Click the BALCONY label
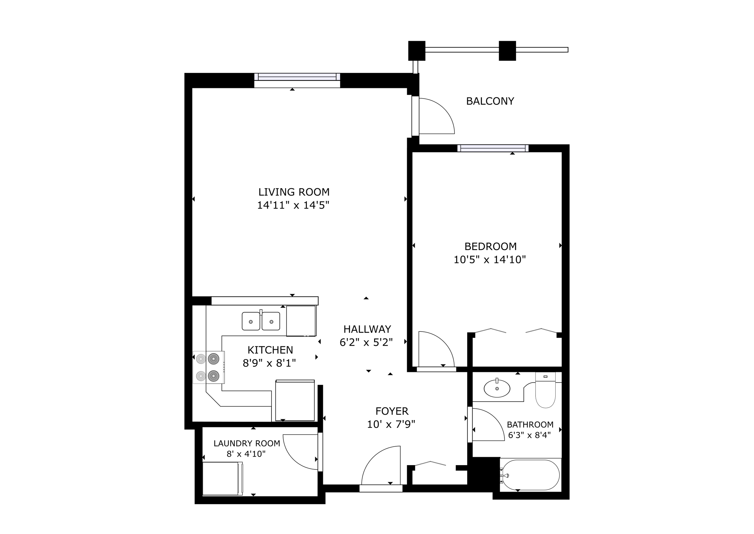tap(490, 101)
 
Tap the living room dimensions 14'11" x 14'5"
tap(293, 205)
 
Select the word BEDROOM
tap(490, 246)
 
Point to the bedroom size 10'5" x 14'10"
tap(490, 260)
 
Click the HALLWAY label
tap(367, 329)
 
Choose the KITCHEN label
tap(270, 350)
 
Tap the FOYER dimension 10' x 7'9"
tap(391, 424)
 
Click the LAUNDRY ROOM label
tap(247, 443)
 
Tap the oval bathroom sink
tap(497, 389)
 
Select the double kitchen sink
tap(261, 321)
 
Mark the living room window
tap(297, 77)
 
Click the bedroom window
tap(493, 148)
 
